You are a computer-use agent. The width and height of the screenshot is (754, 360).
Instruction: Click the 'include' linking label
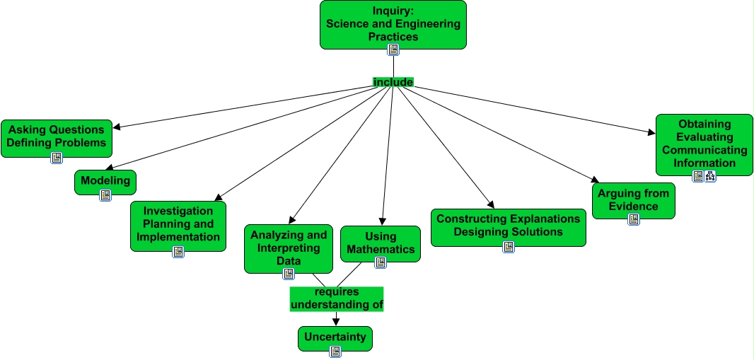393,82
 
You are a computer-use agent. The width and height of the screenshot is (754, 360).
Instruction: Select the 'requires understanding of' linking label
337,298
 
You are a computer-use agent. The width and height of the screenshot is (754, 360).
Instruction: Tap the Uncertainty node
335,337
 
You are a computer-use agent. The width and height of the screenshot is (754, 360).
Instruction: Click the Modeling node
105,181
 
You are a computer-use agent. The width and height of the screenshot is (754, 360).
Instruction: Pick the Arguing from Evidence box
633,200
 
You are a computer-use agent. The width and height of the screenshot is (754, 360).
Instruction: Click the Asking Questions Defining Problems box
57,137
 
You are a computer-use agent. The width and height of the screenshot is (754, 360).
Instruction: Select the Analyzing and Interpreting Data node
289,248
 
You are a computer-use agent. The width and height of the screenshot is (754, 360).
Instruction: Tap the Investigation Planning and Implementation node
178,224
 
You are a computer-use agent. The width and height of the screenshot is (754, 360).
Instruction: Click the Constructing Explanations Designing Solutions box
508,226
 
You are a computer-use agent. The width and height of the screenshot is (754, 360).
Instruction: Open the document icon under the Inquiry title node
393,50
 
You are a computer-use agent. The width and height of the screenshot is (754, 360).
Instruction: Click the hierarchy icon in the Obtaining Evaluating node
710,176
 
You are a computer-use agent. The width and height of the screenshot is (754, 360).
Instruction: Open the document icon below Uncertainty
335,351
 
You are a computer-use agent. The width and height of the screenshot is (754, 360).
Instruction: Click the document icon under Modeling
105,195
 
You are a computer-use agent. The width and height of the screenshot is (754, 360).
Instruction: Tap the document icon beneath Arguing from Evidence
634,219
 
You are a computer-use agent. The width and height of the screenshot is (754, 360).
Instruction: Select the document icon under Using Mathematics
381,262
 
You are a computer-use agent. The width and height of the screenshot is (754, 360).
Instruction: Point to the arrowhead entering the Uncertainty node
335,322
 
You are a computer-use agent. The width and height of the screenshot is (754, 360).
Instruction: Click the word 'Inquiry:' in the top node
393,11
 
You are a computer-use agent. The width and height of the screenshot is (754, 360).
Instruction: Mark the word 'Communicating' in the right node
704,150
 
